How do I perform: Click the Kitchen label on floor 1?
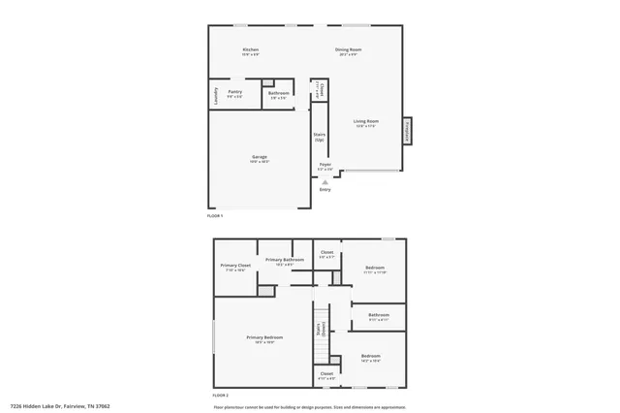[x=250, y=49]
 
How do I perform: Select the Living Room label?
[x=365, y=121]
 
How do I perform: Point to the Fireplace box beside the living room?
[x=407, y=131]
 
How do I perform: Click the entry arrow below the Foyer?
[x=325, y=180]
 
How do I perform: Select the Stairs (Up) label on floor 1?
[x=319, y=137]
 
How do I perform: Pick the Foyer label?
[x=325, y=165]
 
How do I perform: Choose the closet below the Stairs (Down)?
[x=326, y=374]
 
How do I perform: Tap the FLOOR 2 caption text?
[x=220, y=396]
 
